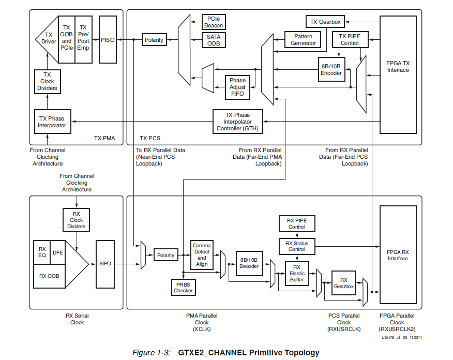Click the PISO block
[x=108, y=40]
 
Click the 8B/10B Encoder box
[x=331, y=70]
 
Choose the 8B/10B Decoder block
[x=249, y=263]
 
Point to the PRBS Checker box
[x=183, y=287]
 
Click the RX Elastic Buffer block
[x=297, y=273]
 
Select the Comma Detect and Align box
[x=202, y=254]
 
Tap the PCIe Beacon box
[x=213, y=22]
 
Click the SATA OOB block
[x=213, y=40]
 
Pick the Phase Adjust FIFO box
[x=237, y=87]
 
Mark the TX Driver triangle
[x=48, y=39]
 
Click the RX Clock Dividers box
[x=76, y=220]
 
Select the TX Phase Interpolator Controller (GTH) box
[x=237, y=121]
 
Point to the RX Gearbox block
[x=343, y=282]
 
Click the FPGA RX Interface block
[x=398, y=256]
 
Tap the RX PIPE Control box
[x=297, y=223]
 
